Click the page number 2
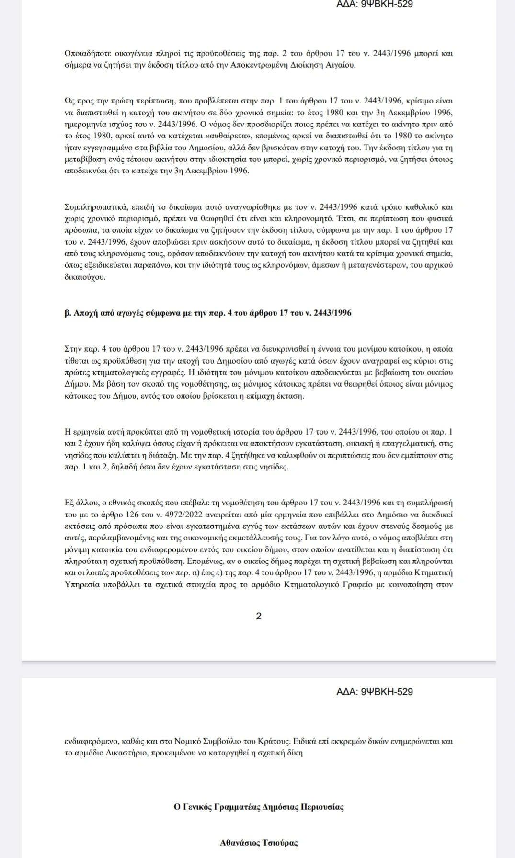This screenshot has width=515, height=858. pos(259,616)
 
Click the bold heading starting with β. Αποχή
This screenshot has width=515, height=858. pos(207,313)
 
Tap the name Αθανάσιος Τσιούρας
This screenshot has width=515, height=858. pos(259,843)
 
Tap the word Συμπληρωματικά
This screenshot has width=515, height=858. pos(95,207)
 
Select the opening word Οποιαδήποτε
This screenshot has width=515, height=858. pos(88,53)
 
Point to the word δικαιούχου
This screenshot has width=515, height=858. pos(85,277)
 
